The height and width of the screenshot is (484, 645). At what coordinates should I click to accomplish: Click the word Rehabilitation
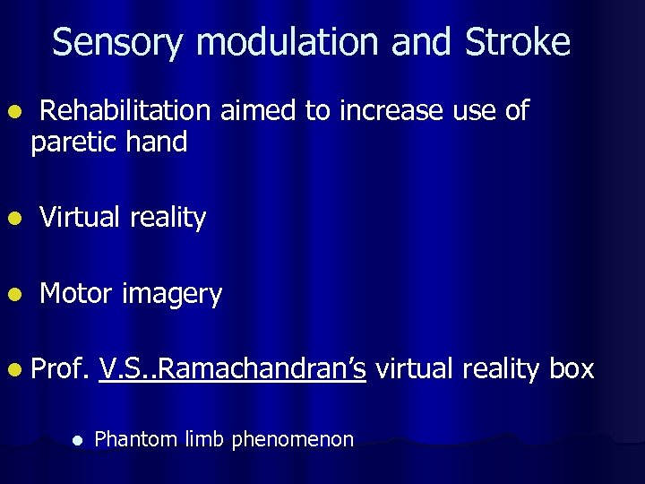(x=125, y=111)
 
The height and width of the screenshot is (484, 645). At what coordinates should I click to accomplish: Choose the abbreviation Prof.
(x=60, y=368)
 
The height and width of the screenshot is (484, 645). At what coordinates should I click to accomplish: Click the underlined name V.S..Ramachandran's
(x=233, y=368)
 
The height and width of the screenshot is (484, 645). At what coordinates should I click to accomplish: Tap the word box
(x=571, y=368)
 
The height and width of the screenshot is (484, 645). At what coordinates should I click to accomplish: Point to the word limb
(x=201, y=439)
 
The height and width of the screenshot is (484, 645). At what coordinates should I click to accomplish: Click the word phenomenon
(x=292, y=440)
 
